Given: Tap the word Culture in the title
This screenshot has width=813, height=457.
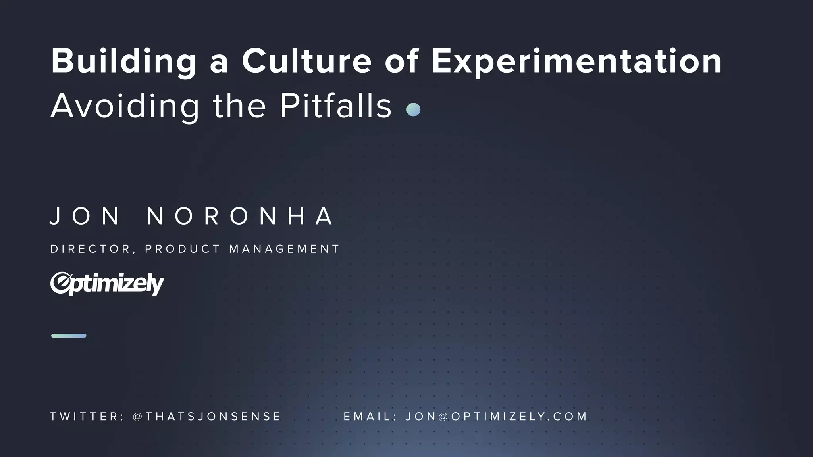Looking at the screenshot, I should pyautogui.click(x=306, y=61).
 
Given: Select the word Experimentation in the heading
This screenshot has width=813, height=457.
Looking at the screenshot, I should pyautogui.click(x=576, y=61).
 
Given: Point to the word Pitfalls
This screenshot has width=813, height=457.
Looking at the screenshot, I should pyautogui.click(x=336, y=106).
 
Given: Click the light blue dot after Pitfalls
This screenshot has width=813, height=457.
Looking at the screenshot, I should pyautogui.click(x=413, y=109).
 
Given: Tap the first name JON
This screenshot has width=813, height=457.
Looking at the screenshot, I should pyautogui.click(x=85, y=216).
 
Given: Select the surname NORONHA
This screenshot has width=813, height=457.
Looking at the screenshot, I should pyautogui.click(x=240, y=216).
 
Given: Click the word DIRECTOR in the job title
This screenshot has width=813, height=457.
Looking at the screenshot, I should pyautogui.click(x=90, y=249).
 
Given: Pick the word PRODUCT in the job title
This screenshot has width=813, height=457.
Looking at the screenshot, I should pyautogui.click(x=183, y=249).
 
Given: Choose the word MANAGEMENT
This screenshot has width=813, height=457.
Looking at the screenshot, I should pyautogui.click(x=284, y=249).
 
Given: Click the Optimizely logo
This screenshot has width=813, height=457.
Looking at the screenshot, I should pyautogui.click(x=107, y=284).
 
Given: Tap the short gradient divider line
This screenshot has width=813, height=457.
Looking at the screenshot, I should pyautogui.click(x=69, y=336).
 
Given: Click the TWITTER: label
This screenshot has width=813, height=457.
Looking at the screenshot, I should pyautogui.click(x=87, y=417).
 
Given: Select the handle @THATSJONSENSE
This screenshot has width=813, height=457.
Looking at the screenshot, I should pyautogui.click(x=207, y=417).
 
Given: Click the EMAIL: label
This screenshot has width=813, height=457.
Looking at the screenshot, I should pyautogui.click(x=370, y=417).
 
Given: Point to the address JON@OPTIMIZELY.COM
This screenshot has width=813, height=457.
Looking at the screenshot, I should pyautogui.click(x=496, y=417).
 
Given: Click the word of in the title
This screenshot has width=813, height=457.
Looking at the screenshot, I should pyautogui.click(x=402, y=61).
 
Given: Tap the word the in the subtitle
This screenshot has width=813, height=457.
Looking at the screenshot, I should pyautogui.click(x=239, y=106).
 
